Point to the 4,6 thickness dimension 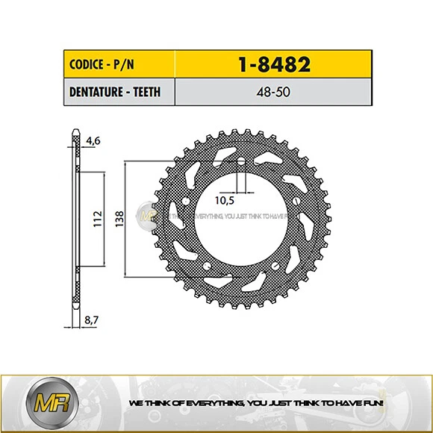(93, 139)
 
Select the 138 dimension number (119, 219)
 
